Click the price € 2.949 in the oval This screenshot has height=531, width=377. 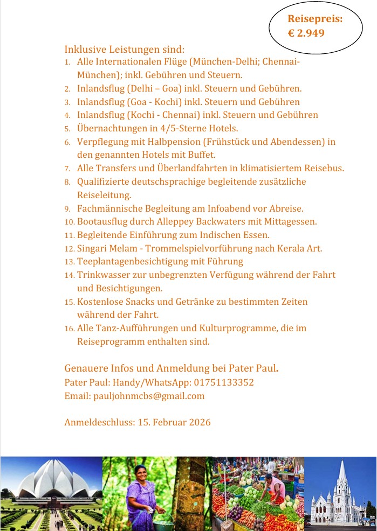tap(306, 33)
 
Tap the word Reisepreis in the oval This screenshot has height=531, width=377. tap(315, 19)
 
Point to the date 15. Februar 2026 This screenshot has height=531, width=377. tap(174, 422)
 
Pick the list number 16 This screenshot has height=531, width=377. tap(69, 329)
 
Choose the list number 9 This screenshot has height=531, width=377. tap(67, 208)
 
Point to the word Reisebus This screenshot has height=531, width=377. tap(323, 168)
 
